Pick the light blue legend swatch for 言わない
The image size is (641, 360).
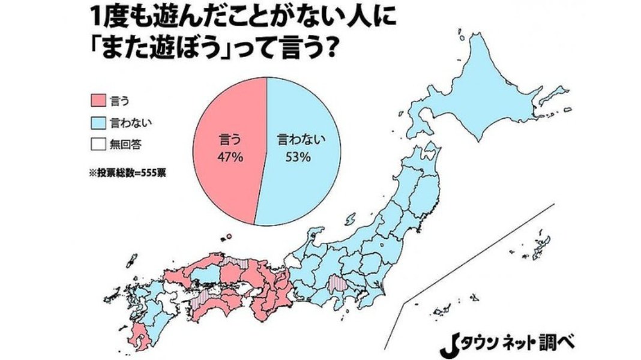coord(98,122)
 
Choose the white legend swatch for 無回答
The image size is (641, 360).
coord(98,143)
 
